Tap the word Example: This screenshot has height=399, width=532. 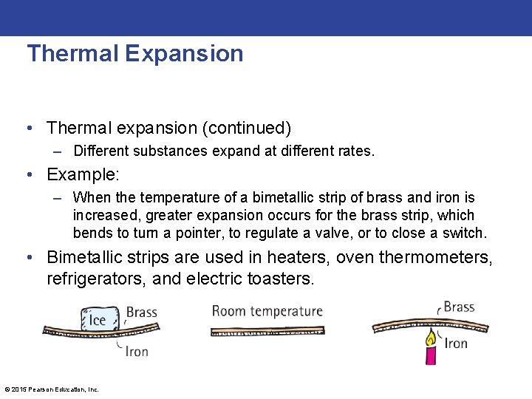pyautogui.click(x=83, y=174)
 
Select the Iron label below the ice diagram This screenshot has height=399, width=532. pyautogui.click(x=137, y=351)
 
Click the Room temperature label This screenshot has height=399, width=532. pyautogui.click(x=267, y=311)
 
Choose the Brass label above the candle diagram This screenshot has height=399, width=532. pyautogui.click(x=459, y=307)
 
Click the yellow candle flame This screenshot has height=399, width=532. pyautogui.click(x=429, y=338)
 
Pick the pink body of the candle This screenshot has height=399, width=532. pyautogui.click(x=429, y=355)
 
